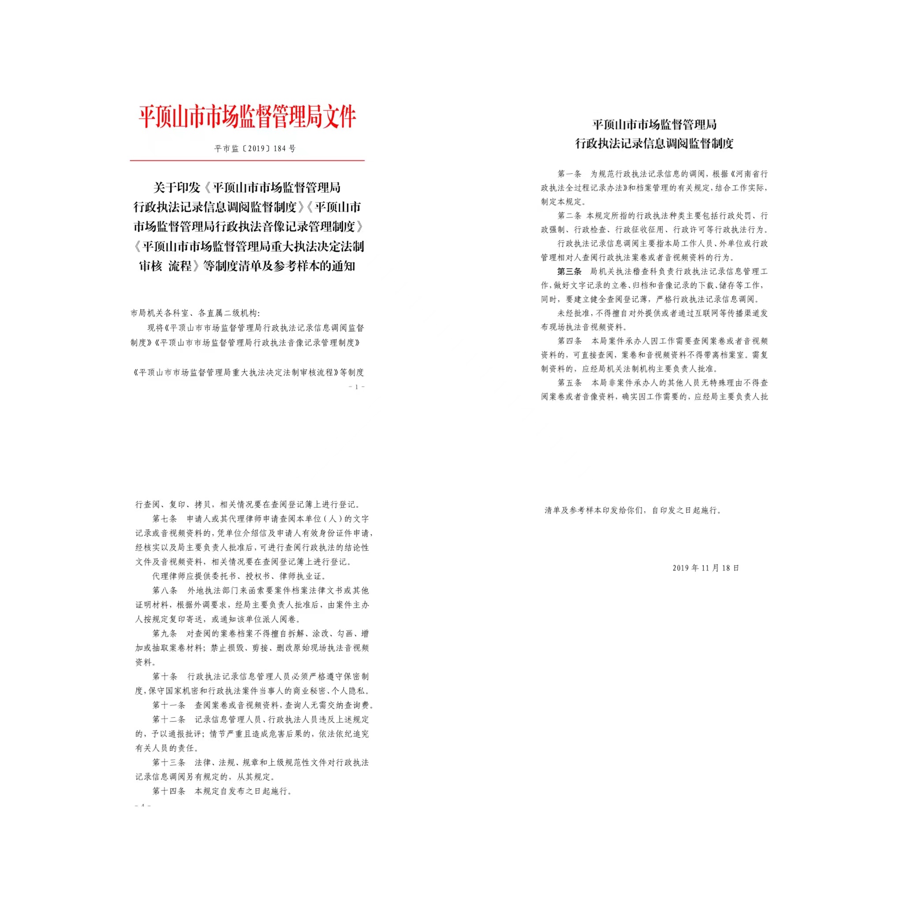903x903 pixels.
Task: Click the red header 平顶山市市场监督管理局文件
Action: pyautogui.click(x=247, y=117)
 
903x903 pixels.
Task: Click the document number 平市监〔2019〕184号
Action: pyautogui.click(x=255, y=149)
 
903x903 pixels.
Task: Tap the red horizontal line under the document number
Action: pyautogui.click(x=247, y=160)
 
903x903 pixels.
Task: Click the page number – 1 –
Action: pyautogui.click(x=357, y=387)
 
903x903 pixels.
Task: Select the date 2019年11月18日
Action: pyautogui.click(x=706, y=568)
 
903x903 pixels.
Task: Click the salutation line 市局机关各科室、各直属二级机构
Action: pyautogui.click(x=195, y=313)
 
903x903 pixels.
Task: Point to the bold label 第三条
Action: pyautogui.click(x=569, y=272)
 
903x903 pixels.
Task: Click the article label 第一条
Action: pyautogui.click(x=569, y=174)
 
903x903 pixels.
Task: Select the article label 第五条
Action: pyautogui.click(x=569, y=383)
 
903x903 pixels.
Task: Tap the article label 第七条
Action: pyautogui.click(x=164, y=519)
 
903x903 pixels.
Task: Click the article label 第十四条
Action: pyautogui.click(x=169, y=791)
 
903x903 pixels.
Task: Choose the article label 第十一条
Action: pyautogui.click(x=169, y=705)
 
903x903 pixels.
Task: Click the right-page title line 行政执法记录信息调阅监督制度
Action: pyautogui.click(x=654, y=143)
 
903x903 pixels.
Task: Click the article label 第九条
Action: pyautogui.click(x=164, y=634)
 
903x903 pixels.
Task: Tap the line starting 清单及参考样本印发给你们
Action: pyautogui.click(x=633, y=511)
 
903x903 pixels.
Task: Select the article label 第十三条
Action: pyautogui.click(x=169, y=762)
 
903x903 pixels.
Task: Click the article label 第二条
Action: pyautogui.click(x=569, y=216)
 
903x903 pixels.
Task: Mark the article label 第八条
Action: pyautogui.click(x=164, y=591)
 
